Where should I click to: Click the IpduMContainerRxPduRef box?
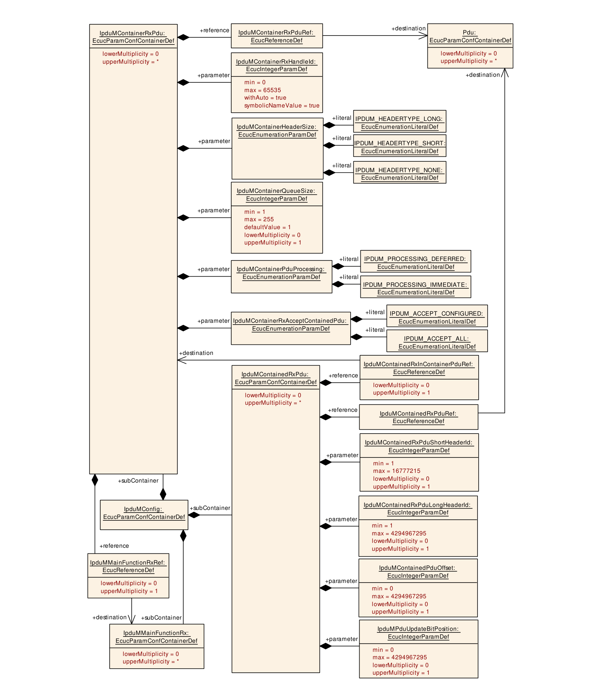(277, 36)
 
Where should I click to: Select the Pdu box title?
(470, 36)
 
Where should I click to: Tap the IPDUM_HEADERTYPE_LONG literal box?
(400, 121)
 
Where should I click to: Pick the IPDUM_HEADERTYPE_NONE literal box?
(400, 172)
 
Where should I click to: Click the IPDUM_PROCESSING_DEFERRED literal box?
(415, 261)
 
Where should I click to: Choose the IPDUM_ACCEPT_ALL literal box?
(437, 341)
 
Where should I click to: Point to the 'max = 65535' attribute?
(262, 90)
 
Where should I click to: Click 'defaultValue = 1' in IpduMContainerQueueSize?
(267, 227)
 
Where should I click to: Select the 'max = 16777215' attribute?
(396, 471)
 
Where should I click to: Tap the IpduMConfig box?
(144, 515)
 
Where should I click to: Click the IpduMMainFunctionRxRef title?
(128, 566)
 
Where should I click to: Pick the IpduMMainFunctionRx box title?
(156, 637)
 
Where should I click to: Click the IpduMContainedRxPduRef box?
(418, 417)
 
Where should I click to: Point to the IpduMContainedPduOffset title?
(418, 572)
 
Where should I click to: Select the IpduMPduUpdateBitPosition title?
(418, 633)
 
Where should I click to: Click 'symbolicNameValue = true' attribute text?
(282, 106)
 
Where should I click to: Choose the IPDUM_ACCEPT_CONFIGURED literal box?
(437, 316)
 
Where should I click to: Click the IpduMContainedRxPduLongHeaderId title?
(418, 509)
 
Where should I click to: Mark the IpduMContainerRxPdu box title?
(133, 37)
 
